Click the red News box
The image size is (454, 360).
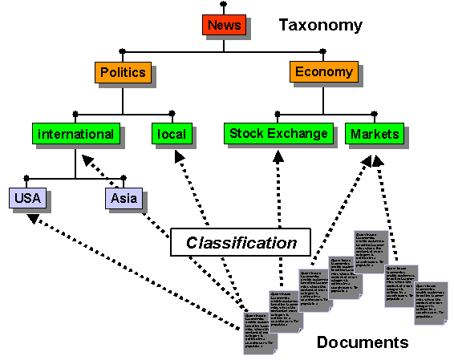[x=224, y=26]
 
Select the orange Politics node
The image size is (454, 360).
[x=123, y=73]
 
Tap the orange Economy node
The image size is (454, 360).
[x=323, y=72]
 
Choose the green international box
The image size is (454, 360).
[x=75, y=134]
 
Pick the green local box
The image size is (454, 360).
[x=172, y=134]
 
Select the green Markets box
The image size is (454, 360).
[x=375, y=134]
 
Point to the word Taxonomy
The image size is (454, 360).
[x=321, y=26]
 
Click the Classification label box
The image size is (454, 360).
[x=241, y=242]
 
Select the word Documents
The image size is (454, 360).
[x=362, y=342]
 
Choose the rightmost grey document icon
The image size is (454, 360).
[x=431, y=303]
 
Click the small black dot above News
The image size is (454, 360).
[x=224, y=4]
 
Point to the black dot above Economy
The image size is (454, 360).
[x=323, y=51]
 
